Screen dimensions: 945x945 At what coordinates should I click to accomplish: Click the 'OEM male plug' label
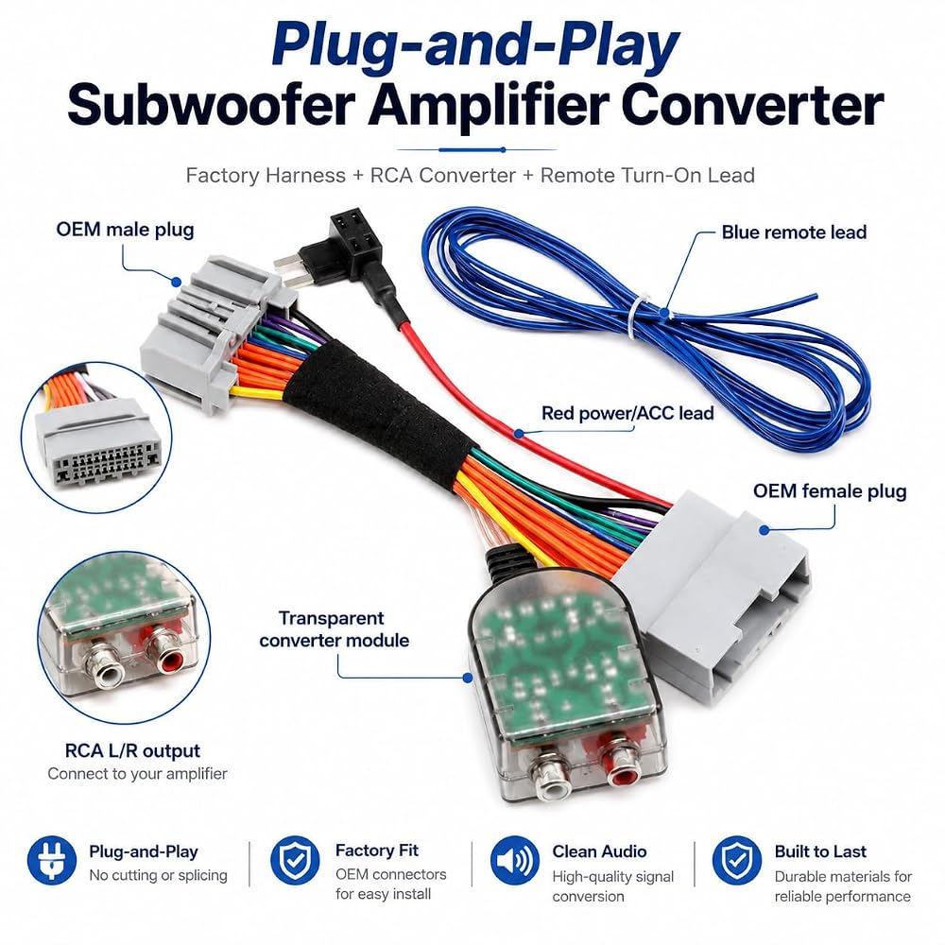(125, 230)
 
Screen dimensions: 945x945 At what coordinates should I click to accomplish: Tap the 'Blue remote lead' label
(794, 232)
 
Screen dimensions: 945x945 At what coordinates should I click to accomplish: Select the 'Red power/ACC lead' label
(627, 414)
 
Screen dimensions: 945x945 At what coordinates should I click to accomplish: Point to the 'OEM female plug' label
(830, 491)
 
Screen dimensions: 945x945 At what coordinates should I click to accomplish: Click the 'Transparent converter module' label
(334, 629)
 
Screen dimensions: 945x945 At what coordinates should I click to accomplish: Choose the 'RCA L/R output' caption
(132, 751)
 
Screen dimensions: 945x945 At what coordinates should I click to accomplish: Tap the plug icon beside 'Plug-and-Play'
(52, 860)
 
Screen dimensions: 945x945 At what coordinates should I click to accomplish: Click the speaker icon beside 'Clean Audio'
(514, 860)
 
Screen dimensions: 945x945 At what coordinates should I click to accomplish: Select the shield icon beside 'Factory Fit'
(295, 860)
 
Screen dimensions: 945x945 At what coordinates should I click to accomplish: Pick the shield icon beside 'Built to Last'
(736, 860)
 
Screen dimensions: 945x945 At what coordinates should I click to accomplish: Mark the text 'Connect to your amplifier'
(137, 774)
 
